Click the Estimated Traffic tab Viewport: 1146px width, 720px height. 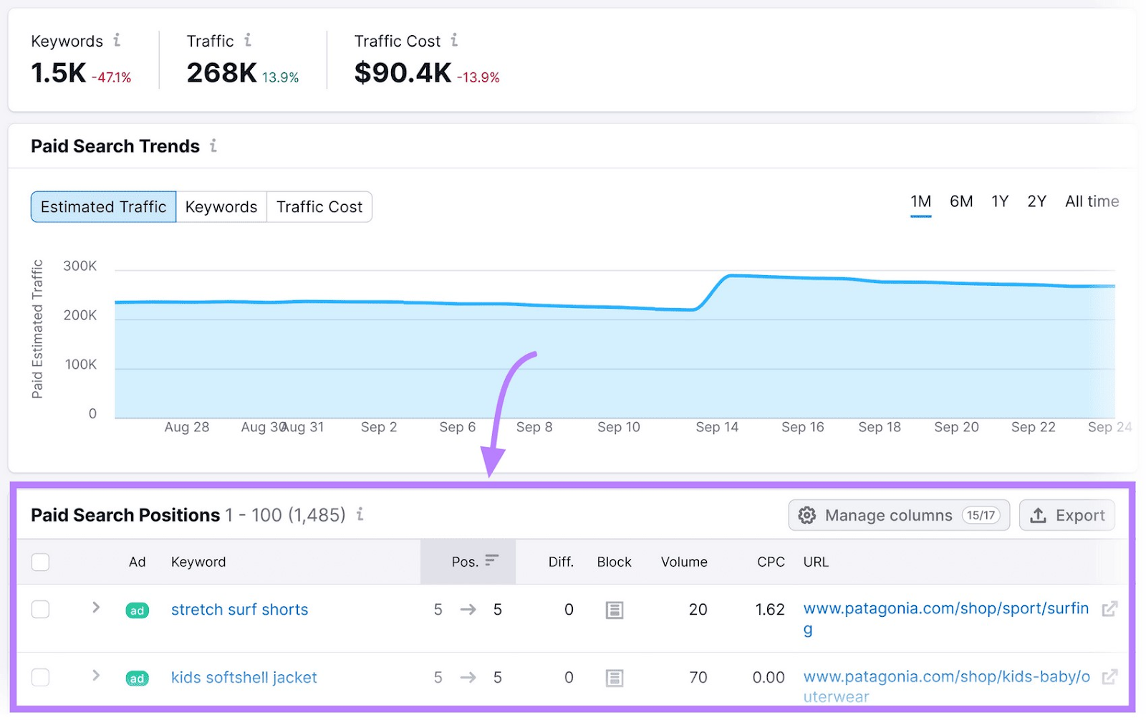tap(103, 207)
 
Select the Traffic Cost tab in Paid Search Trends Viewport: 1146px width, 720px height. tap(319, 207)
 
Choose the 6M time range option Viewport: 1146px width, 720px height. tap(961, 202)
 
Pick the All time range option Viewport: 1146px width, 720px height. tap(1092, 202)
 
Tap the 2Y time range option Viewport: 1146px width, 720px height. tap(1036, 202)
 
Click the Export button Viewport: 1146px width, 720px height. tap(1067, 515)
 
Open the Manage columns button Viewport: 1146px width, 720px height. tap(899, 515)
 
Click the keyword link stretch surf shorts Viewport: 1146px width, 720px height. tap(239, 610)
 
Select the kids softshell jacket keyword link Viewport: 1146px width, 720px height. tap(244, 678)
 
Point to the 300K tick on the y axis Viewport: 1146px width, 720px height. tap(80, 267)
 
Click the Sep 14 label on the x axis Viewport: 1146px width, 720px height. tap(717, 428)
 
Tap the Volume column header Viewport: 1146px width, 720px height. tap(684, 562)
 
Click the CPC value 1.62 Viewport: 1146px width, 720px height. tap(770, 610)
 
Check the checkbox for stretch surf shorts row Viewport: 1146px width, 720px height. tap(41, 610)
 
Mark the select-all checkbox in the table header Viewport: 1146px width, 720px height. tap(41, 562)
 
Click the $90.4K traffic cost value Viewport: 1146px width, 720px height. tap(403, 73)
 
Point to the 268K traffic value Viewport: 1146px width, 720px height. tap(221, 73)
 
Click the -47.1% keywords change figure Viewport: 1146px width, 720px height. tap(111, 77)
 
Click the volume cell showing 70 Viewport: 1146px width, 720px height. tap(698, 678)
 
